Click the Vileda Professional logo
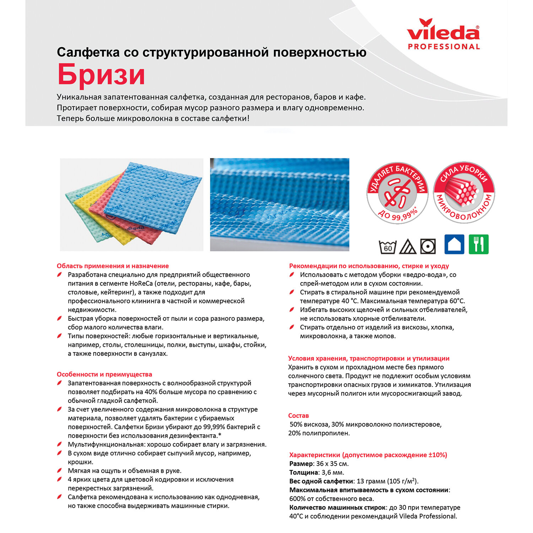point(443,34)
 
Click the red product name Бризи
point(101,74)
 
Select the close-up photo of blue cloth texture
point(280,205)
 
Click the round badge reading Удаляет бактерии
point(397,193)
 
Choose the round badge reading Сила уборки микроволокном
point(464,193)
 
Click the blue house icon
point(454,244)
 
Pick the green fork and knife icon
point(479,244)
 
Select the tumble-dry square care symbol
point(428,246)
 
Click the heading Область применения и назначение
point(113,266)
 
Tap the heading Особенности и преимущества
point(104,374)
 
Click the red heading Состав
point(298,415)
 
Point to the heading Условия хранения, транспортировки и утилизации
point(369,359)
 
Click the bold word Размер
point(301,464)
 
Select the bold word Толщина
point(303,473)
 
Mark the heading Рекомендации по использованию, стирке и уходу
point(369,266)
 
